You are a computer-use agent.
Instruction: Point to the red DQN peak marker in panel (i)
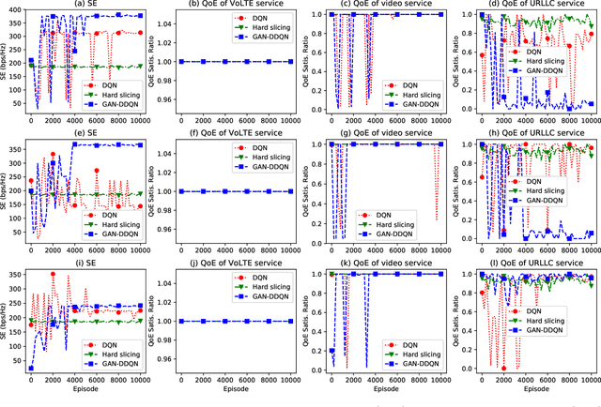(x=53, y=274)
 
